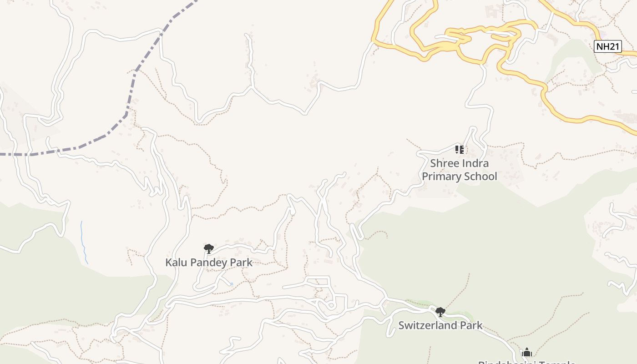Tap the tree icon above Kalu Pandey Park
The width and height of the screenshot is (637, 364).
209,248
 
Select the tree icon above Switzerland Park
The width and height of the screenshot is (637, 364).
440,312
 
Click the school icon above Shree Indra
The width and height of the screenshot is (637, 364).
460,149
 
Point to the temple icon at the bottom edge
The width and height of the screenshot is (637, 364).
527,352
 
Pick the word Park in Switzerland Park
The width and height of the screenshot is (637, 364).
472,325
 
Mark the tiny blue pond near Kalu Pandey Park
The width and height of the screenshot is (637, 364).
231,284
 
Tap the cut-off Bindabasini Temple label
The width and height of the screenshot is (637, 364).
527,362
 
